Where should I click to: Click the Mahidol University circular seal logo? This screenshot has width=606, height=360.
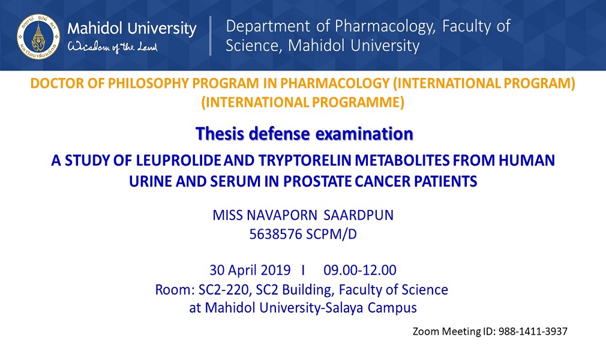pyautogui.click(x=38, y=37)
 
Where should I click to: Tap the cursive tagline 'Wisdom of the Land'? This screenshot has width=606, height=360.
pyautogui.click(x=113, y=47)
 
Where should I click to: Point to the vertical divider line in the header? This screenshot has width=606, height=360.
pyautogui.click(x=210, y=35)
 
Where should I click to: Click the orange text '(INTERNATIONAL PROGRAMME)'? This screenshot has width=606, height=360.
pyautogui.click(x=302, y=102)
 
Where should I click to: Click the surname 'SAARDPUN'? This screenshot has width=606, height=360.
pyautogui.click(x=358, y=215)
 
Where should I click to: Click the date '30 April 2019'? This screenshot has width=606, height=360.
pyautogui.click(x=250, y=270)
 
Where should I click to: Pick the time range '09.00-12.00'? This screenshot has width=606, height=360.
pyautogui.click(x=360, y=270)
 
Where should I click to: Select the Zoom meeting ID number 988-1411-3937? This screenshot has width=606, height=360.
pyautogui.click(x=533, y=331)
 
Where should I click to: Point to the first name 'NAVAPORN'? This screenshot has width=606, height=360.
pyautogui.click(x=282, y=215)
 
